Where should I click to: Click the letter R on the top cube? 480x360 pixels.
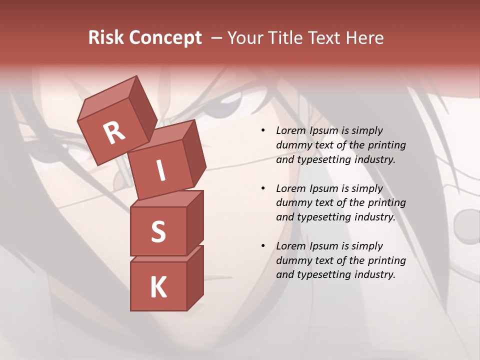(x=114, y=133)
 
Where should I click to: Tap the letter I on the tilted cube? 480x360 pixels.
(x=160, y=171)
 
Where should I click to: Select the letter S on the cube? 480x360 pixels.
(x=158, y=231)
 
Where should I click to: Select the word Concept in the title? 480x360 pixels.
(x=165, y=38)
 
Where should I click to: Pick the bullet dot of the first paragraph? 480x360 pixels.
(x=263, y=130)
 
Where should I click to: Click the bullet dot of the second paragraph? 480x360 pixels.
(x=263, y=188)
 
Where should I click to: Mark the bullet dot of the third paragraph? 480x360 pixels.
(x=263, y=246)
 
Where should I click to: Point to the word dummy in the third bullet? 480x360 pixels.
(x=293, y=260)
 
